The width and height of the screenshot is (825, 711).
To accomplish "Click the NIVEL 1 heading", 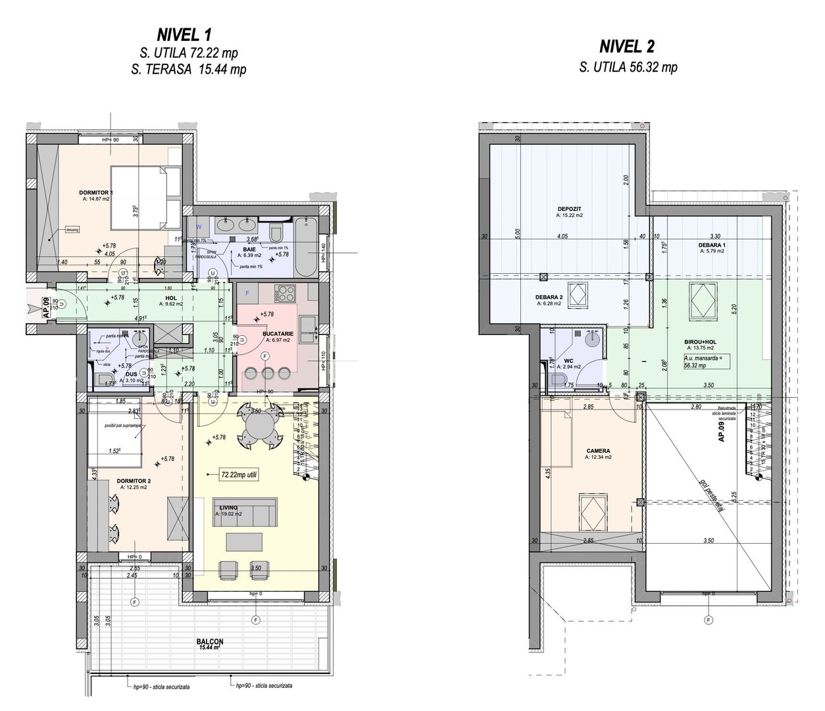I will pos(184,34).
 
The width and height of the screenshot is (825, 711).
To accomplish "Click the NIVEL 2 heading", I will pos(627,46).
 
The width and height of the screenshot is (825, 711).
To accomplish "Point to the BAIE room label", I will pos(249,250).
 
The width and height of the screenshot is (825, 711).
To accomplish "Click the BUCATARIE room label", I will pos(273,334).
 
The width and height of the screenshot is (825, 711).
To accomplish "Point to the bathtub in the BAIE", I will pos(305,250).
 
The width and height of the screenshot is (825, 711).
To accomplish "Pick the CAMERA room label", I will pos(598,451).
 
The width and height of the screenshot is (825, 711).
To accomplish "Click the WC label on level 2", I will pos(568,360).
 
